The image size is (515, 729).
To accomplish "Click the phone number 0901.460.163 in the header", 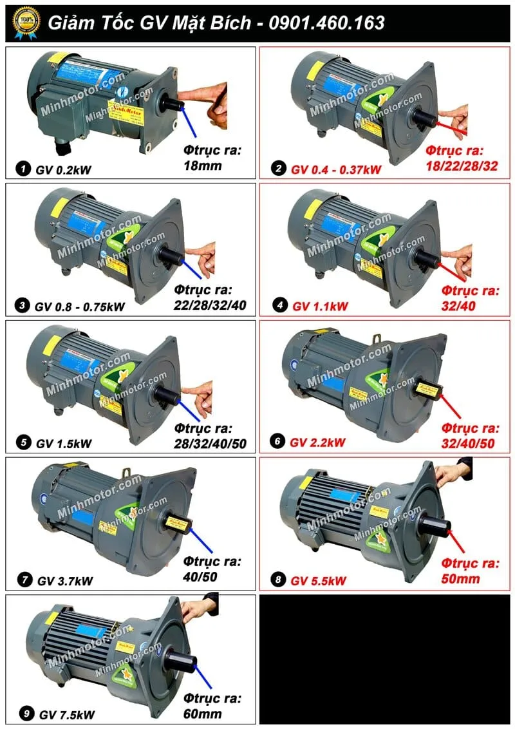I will pyautogui.click(x=327, y=23).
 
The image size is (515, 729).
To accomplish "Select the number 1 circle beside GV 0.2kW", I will pyautogui.click(x=23, y=169).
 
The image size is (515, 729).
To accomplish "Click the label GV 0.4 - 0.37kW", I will pyautogui.click(x=336, y=169).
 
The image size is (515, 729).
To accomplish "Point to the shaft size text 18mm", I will pyautogui.click(x=202, y=166).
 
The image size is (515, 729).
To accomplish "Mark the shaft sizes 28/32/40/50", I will pyautogui.click(x=210, y=443).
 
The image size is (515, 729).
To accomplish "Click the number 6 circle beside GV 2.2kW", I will pyautogui.click(x=277, y=442).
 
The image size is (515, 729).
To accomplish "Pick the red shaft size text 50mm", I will pyautogui.click(x=461, y=579).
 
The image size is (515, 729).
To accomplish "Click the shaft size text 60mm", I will pyautogui.click(x=202, y=714).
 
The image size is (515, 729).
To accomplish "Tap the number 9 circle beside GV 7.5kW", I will pyautogui.click(x=24, y=714).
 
